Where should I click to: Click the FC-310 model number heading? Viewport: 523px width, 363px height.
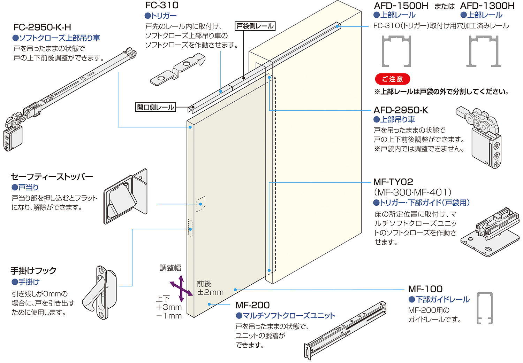point(162,5)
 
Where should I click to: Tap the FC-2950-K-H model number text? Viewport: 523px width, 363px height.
point(42,27)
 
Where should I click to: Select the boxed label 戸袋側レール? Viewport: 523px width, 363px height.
point(255,26)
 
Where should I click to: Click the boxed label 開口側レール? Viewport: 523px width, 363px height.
point(156,107)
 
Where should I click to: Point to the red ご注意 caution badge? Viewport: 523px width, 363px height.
point(392,79)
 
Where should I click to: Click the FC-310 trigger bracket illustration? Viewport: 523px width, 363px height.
point(177,71)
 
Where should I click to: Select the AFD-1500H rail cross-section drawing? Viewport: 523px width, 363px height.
point(396,51)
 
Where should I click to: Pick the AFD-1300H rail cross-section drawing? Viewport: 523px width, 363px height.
point(485,51)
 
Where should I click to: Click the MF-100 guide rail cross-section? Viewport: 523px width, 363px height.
point(485,308)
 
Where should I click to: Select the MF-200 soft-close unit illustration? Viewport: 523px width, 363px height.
point(345,331)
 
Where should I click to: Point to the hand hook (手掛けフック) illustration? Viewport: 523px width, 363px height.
point(99,292)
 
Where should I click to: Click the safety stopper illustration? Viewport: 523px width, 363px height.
point(126,197)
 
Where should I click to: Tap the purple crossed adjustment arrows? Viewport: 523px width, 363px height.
point(181,289)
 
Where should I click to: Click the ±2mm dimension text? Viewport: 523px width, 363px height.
point(210,292)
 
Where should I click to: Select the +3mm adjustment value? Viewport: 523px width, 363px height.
point(169,307)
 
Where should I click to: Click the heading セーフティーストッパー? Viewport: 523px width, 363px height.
point(52,176)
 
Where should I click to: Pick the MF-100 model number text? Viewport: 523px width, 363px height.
point(425,289)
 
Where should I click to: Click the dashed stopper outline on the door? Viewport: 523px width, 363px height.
point(200,204)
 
